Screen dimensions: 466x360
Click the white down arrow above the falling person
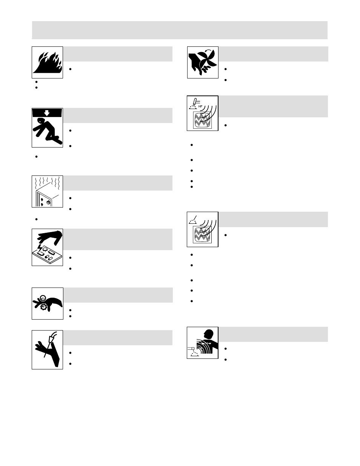(x=47, y=112)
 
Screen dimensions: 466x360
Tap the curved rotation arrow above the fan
(x=207, y=51)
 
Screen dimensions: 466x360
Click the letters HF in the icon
(x=200, y=106)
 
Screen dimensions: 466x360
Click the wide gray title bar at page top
(x=180, y=30)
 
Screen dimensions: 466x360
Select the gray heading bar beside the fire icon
(x=118, y=54)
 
